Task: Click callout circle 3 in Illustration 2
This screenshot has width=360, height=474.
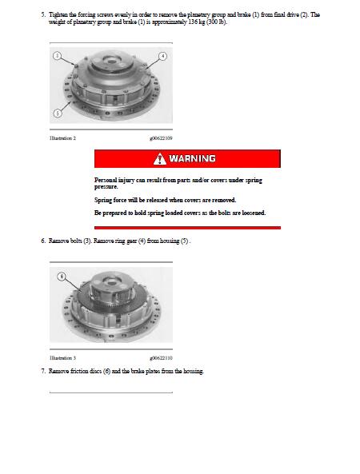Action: point(57,56)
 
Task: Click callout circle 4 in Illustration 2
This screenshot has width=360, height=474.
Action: point(162,56)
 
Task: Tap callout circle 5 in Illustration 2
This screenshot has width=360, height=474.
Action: point(57,113)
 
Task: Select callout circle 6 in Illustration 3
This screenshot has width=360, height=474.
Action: point(62,277)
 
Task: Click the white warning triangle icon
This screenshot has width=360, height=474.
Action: point(160,159)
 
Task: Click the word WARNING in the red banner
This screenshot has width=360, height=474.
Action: point(193,159)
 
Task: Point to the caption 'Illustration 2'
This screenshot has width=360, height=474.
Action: point(62,138)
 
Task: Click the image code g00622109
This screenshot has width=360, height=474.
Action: point(161,138)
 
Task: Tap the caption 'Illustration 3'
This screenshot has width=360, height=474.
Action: point(62,358)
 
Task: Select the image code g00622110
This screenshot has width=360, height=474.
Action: point(161,358)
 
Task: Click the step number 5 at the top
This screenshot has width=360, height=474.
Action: point(43,14)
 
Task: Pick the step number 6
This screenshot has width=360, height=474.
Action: point(43,241)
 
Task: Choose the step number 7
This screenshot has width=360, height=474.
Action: point(43,371)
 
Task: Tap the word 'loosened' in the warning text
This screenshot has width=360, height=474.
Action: point(254,213)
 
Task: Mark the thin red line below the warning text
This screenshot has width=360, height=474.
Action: point(187,228)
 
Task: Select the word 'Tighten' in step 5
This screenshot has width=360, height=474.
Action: point(58,14)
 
